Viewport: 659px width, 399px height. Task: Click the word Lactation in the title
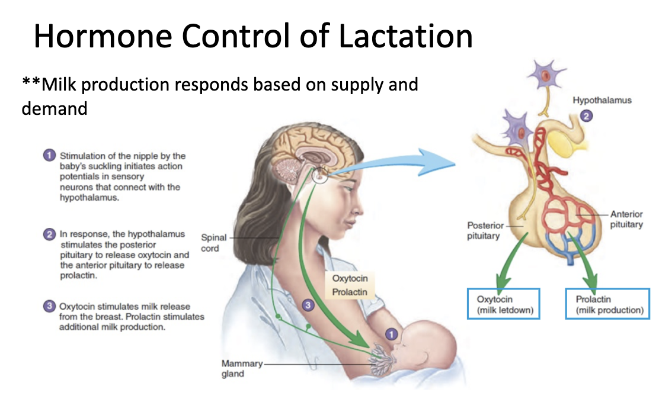coord(405,36)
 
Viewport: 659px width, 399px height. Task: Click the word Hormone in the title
coord(103,36)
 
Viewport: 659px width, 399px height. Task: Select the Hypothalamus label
coord(602,101)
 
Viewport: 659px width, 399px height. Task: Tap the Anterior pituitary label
coord(626,219)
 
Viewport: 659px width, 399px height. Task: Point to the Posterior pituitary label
coord(485,231)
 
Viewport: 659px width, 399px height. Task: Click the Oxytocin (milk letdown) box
coord(504,304)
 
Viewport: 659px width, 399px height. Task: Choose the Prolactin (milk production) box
coord(607,304)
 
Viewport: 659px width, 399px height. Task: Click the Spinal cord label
coord(213,243)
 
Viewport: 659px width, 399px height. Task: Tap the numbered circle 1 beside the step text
coord(49,155)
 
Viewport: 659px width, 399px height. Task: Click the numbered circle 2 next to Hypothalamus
coord(586,116)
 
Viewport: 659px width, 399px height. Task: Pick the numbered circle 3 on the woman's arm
coord(308,305)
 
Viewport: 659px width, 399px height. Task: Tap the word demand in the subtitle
coord(54,109)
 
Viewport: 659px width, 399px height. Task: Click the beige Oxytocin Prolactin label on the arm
coord(350,285)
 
